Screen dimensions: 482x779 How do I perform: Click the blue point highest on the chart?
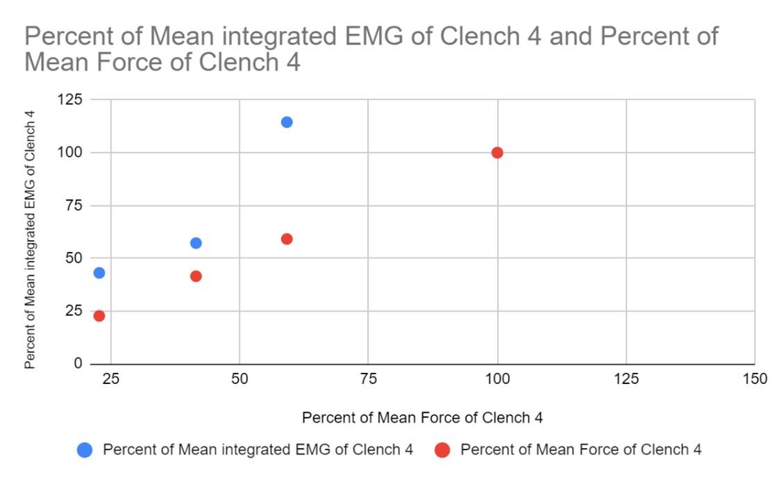pyautogui.click(x=287, y=122)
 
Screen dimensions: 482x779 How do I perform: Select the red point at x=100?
pyautogui.click(x=497, y=153)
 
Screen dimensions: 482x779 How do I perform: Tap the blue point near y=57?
pyautogui.click(x=196, y=243)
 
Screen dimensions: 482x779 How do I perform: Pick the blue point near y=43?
pyautogui.click(x=99, y=273)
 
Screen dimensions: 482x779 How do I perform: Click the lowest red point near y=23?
pyautogui.click(x=99, y=316)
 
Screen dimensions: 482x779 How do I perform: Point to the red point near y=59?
pyautogui.click(x=287, y=239)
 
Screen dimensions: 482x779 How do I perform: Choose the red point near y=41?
pyautogui.click(x=196, y=276)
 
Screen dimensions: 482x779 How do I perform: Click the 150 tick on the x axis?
pyautogui.click(x=754, y=379)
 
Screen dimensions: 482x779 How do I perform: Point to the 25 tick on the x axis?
pyautogui.click(x=110, y=379)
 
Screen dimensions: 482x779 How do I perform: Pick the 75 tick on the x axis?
pyautogui.click(x=369, y=379)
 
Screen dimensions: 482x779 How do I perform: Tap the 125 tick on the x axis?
pyautogui.click(x=626, y=379)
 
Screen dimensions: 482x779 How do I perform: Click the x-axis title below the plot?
pyautogui.click(x=422, y=418)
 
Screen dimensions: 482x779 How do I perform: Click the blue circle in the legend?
pyautogui.click(x=85, y=450)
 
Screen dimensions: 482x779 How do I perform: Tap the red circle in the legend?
pyautogui.click(x=442, y=450)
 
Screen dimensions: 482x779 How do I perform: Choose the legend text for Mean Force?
pyautogui.click(x=580, y=450)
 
